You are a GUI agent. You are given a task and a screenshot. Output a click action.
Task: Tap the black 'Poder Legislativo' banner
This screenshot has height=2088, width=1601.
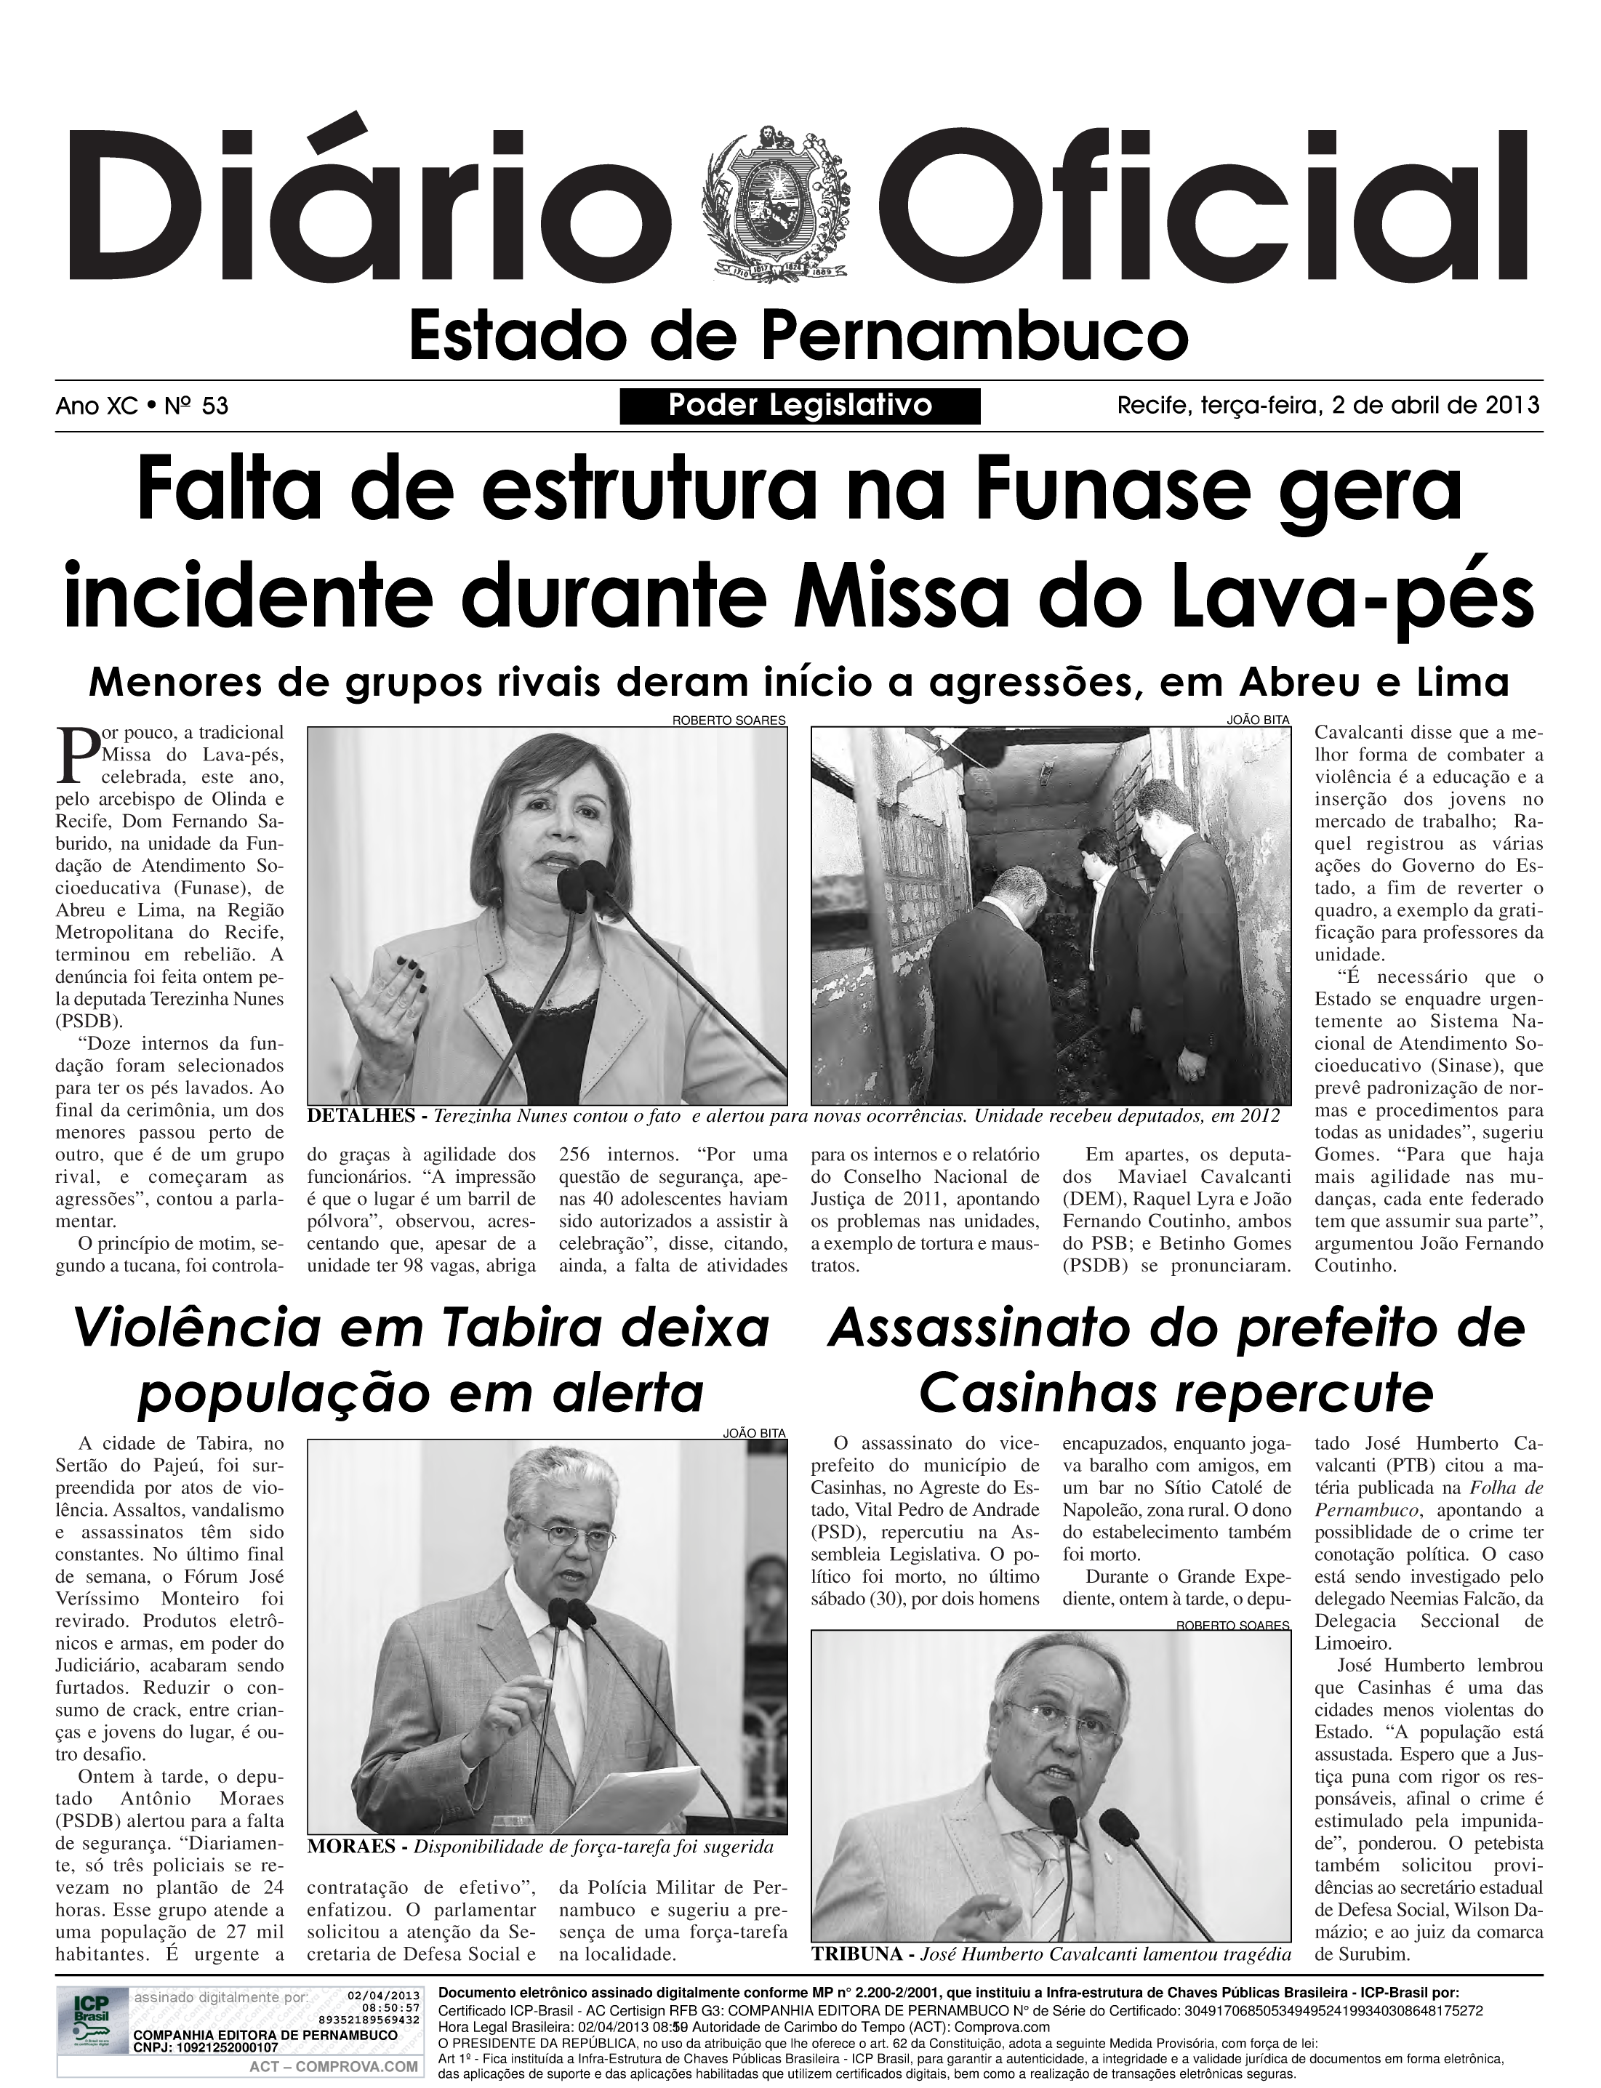pyautogui.click(x=800, y=406)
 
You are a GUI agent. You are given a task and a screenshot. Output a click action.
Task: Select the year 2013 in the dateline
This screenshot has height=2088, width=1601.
pyautogui.click(x=1512, y=405)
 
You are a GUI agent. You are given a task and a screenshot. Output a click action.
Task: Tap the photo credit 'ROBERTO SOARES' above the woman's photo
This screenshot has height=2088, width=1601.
pyautogui.click(x=729, y=720)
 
